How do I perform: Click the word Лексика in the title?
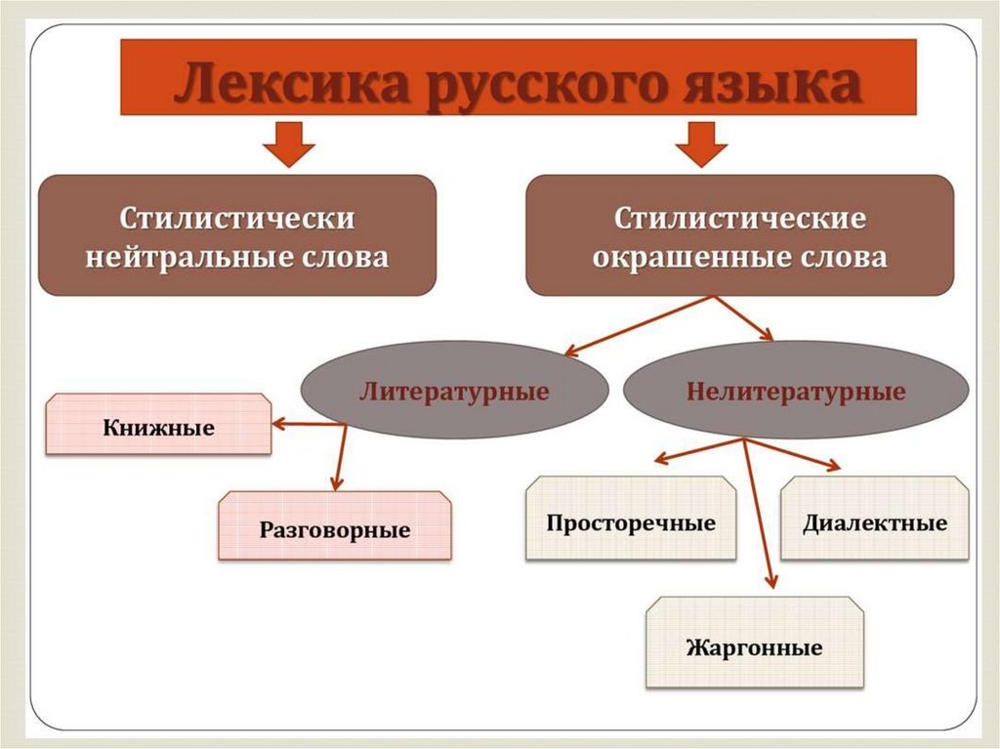(291, 84)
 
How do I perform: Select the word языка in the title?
(772, 85)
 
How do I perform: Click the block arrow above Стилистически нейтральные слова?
(289, 145)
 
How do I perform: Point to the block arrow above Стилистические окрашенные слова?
(701, 145)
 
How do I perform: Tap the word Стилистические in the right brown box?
(740, 218)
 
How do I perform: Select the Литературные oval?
(454, 390)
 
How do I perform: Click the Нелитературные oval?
(796, 390)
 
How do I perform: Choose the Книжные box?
(159, 424)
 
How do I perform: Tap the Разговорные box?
(335, 525)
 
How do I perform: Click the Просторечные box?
(631, 518)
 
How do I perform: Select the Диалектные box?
(874, 518)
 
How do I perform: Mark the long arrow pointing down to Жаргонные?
(758, 514)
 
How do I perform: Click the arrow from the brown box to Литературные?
(638, 325)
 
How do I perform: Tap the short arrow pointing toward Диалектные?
(792, 454)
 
